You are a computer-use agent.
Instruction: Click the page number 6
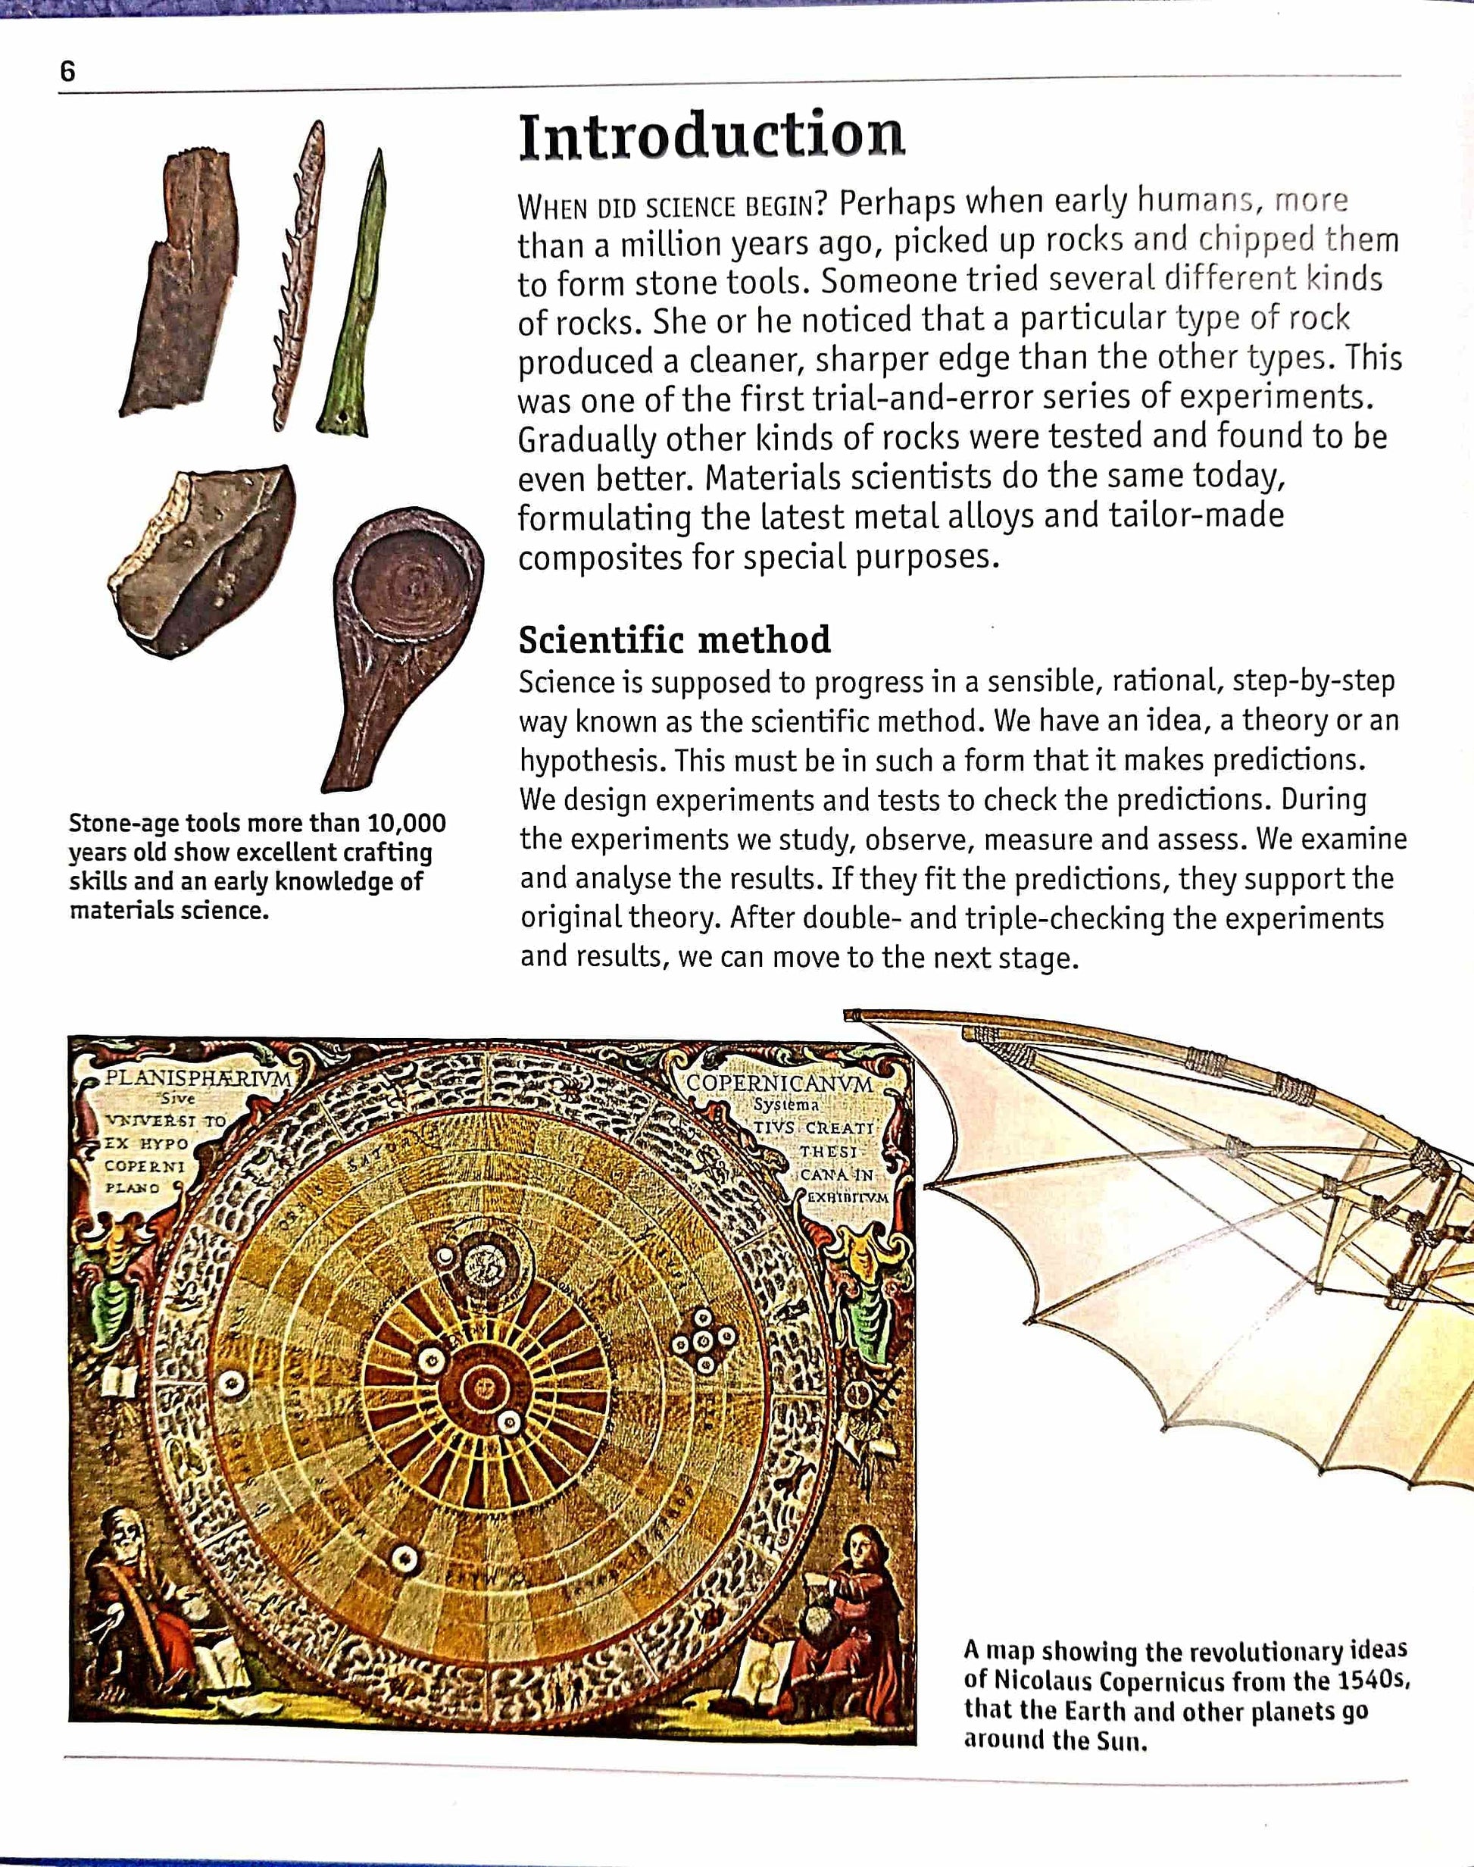67,70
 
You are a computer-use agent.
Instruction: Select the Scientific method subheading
674,640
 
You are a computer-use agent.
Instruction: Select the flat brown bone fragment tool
178,285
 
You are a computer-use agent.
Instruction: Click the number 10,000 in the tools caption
407,823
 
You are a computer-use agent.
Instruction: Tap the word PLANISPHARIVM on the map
198,1078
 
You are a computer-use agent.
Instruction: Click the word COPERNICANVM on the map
779,1084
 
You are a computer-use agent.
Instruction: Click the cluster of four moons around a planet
704,1342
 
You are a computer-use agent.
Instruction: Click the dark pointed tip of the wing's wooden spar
854,1015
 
